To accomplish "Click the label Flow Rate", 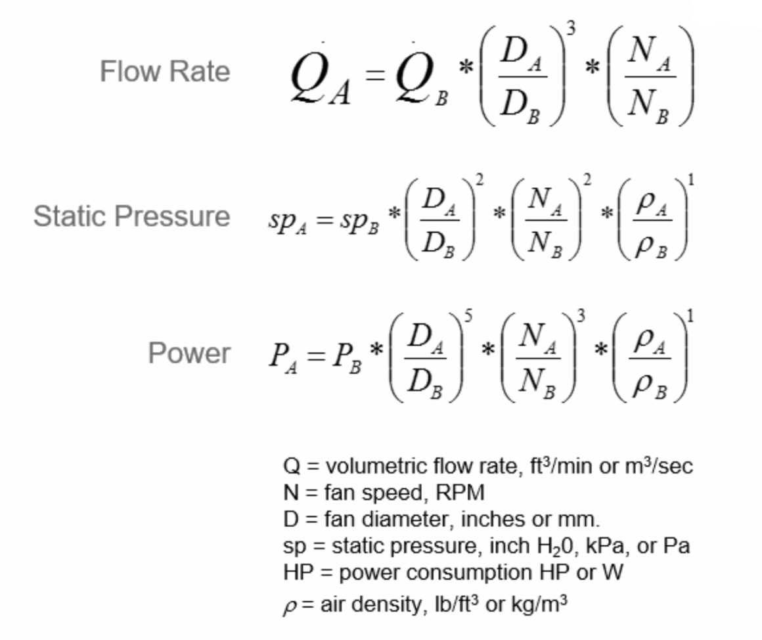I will tap(165, 71).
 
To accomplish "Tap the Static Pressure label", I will tap(131, 216).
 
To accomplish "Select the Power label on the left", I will tap(189, 354).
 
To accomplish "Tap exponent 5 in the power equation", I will tap(467, 316).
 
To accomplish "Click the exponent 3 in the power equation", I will tap(581, 316).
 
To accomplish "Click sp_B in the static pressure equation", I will tap(359, 220).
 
